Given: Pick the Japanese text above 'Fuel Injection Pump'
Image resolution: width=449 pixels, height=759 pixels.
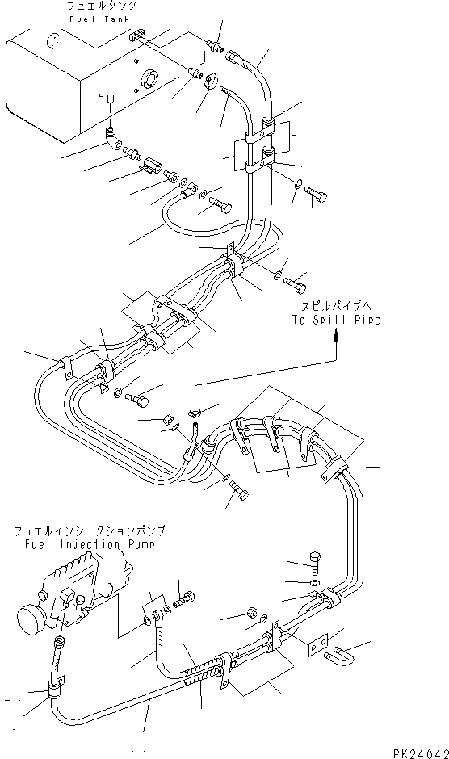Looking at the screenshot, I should click(x=89, y=530).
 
